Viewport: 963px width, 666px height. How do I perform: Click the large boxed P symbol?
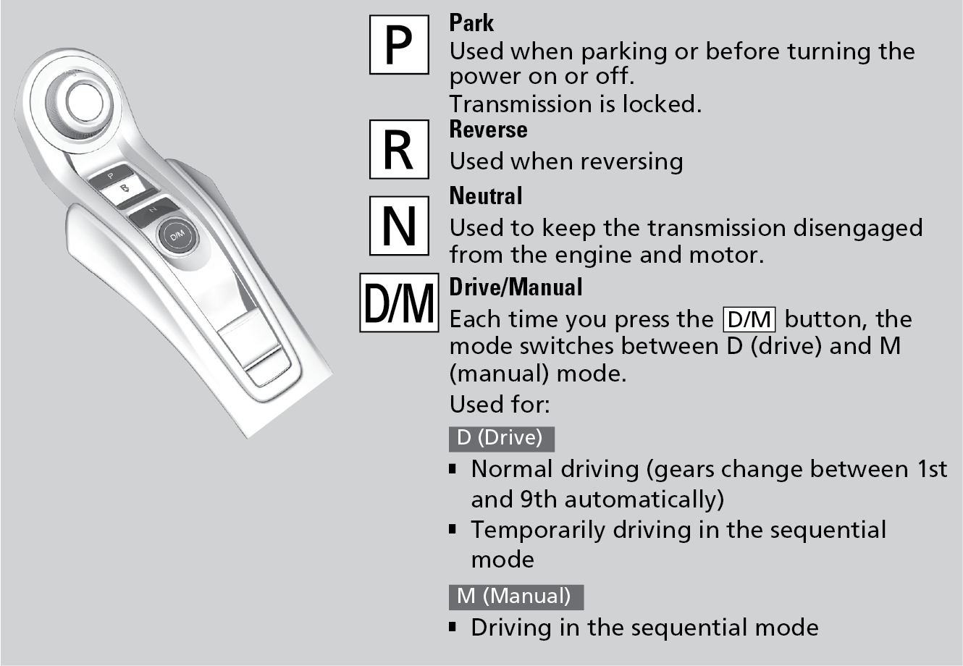pos(399,45)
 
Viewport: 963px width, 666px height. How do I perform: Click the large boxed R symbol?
pos(399,149)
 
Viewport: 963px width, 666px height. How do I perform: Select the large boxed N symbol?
pos(399,226)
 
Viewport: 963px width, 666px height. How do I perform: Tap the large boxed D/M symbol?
pos(399,303)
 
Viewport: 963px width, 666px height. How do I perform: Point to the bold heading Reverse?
pos(488,130)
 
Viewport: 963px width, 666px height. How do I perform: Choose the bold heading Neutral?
pos(485,196)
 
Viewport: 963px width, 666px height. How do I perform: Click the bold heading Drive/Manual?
pos(516,287)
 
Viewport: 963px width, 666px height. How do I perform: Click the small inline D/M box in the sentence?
pos(749,319)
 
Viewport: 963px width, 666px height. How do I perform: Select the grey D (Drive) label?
pos(501,439)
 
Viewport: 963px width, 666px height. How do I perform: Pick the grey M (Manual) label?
pos(516,597)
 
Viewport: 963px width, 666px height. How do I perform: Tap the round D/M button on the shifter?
pos(177,235)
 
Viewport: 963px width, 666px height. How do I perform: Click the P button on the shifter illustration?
pos(111,175)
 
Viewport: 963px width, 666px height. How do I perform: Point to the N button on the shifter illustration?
pos(153,210)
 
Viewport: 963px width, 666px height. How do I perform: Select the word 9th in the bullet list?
pos(539,499)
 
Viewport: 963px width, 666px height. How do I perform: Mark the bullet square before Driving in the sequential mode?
pos(453,627)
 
